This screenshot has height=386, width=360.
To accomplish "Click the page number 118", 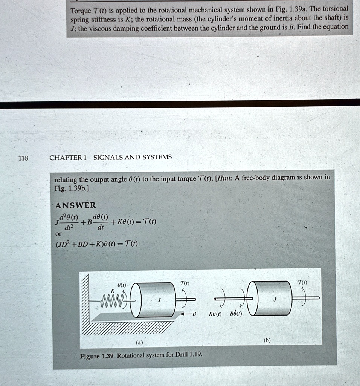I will click(x=23, y=158).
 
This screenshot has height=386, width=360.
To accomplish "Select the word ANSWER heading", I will click(x=75, y=205).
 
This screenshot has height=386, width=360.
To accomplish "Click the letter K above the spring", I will click(x=112, y=291).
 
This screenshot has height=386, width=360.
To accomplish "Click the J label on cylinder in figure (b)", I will click(x=275, y=300).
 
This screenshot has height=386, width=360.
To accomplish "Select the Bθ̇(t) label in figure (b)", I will click(x=236, y=313).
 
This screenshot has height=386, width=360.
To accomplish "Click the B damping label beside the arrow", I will click(x=194, y=314).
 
